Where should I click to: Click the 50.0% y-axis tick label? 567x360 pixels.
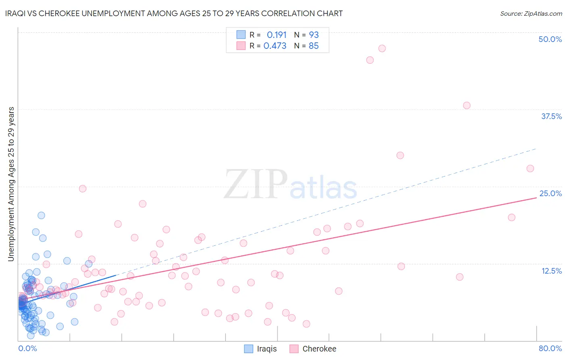pos(550,39)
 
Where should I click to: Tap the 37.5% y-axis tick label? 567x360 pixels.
pos(551,116)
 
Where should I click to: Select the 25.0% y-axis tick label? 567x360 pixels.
pos(550,193)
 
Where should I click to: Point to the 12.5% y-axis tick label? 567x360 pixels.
pos(551,271)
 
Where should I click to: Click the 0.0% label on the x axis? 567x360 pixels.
pos(27,348)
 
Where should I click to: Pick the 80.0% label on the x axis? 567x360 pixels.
pos(550,348)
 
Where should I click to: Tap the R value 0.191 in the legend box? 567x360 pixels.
pos(276,35)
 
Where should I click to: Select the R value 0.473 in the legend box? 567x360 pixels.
pos(275,46)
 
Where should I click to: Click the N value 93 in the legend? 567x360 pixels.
pos(314,35)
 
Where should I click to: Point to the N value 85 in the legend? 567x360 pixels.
pos(313,46)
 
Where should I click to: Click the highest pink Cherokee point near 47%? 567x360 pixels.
pos(382,48)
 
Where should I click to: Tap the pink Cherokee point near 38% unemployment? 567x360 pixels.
pos(467,105)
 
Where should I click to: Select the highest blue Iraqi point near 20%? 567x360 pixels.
pos(41,216)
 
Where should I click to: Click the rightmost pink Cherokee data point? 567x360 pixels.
pos(530,168)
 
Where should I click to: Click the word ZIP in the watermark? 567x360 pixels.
pos(255,185)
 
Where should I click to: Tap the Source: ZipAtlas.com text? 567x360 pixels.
pos(531,14)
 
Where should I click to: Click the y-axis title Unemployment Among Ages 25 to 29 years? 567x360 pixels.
pos(11,184)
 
